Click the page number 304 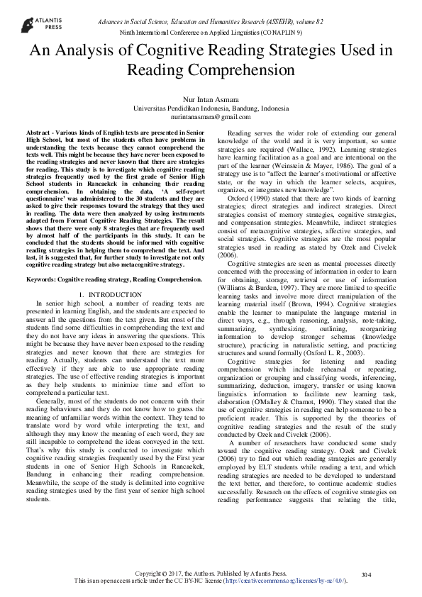coord(367,574)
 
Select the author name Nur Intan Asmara coord(211,100)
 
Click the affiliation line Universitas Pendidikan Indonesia coord(211,108)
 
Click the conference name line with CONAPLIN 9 coord(211,33)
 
